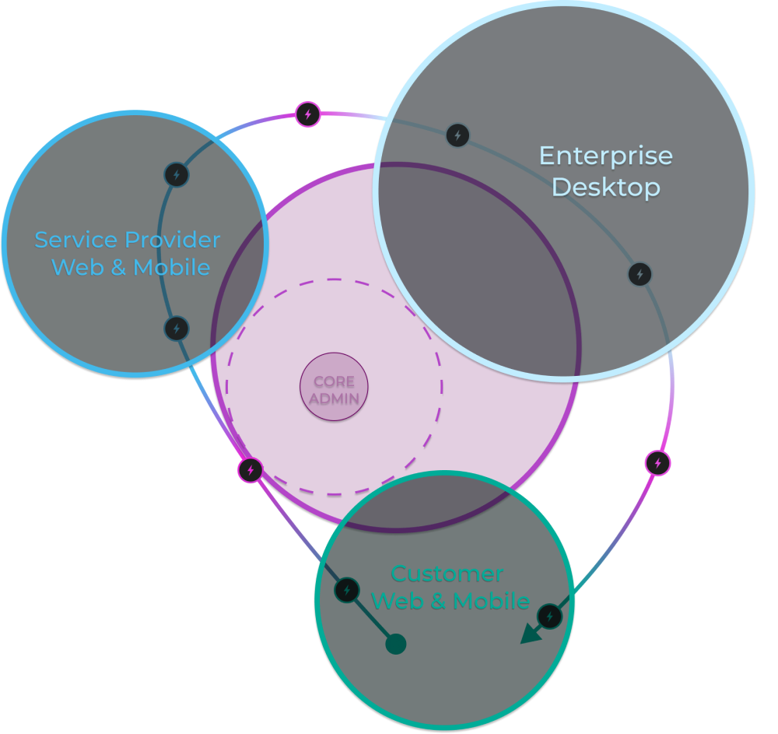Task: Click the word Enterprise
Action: coord(605,156)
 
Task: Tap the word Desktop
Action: coord(605,188)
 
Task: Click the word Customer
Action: coord(447,574)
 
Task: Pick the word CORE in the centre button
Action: coord(334,381)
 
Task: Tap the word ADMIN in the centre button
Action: coord(334,398)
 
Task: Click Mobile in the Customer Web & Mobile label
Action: coord(491,601)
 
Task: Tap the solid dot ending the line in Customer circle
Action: coord(396,644)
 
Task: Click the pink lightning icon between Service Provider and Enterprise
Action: coord(308,114)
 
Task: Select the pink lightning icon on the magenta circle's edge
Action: coord(251,469)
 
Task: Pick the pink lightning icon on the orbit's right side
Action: coord(658,463)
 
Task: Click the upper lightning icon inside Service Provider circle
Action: coord(177,174)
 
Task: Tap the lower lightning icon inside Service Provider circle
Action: coord(177,328)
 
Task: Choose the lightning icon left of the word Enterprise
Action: coord(457,135)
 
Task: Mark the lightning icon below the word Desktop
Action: coord(640,274)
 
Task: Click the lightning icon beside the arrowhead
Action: coord(550,616)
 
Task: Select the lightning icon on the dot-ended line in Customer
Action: coord(347,590)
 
